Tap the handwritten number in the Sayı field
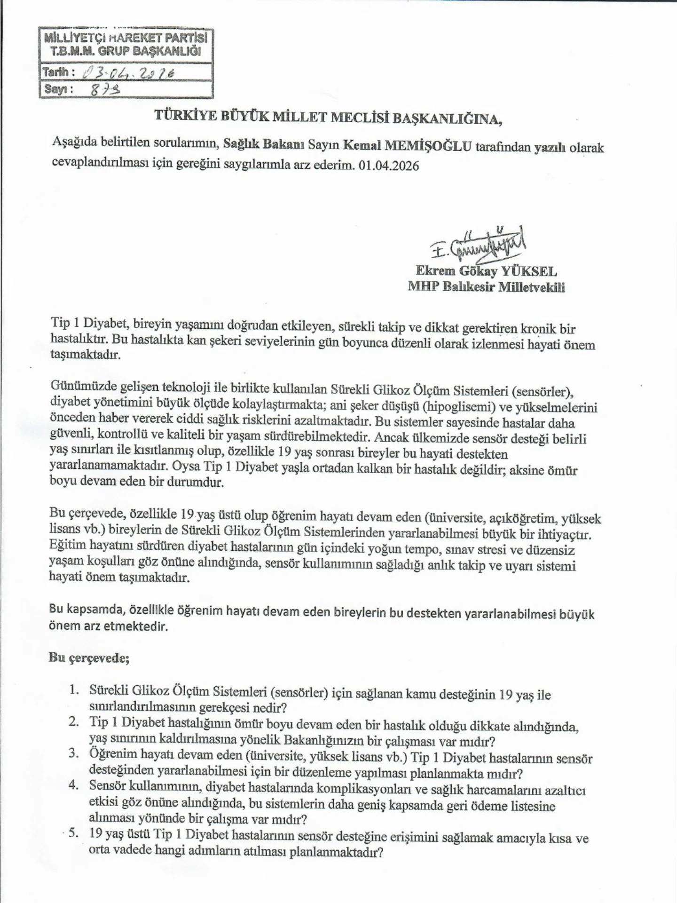[x=104, y=89]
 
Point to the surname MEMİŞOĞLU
[x=428, y=146]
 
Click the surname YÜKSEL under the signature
[x=529, y=271]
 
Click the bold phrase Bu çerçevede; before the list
[x=89, y=658]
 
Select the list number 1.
[x=73, y=690]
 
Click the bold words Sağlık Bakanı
[x=263, y=145]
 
